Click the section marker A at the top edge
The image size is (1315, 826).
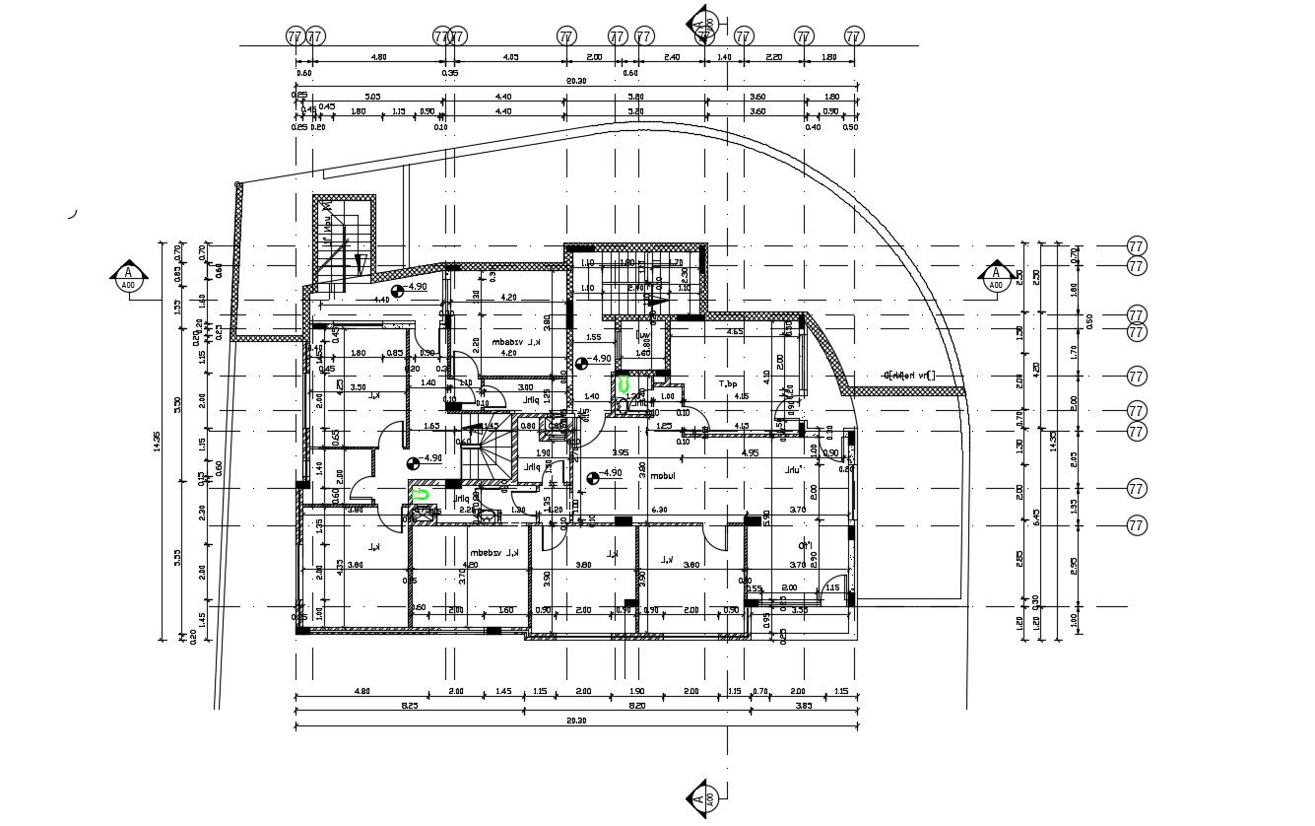701,24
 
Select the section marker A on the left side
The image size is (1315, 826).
128,278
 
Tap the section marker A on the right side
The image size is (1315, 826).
996,278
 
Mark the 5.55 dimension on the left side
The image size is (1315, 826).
177,558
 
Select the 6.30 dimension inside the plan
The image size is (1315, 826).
659,510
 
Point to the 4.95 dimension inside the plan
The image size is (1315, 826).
750,453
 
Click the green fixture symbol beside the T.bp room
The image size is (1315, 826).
623,384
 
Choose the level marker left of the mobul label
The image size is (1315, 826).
592,478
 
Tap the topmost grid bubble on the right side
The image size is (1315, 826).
1137,246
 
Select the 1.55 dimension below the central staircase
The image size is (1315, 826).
593,337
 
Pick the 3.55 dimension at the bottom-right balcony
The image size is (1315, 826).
800,610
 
